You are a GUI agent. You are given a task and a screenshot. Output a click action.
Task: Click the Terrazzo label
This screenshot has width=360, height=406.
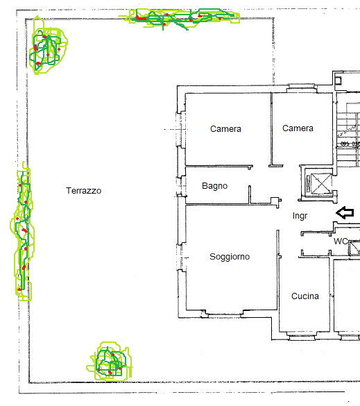(x=84, y=190)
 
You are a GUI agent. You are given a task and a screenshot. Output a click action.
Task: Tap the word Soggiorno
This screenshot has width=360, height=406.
(x=230, y=257)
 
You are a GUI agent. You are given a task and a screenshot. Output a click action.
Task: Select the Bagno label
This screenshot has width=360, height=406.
(x=214, y=186)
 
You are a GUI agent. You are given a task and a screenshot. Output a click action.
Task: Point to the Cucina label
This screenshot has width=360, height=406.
(x=305, y=296)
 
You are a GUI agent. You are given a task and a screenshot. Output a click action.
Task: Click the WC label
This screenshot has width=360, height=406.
(x=341, y=242)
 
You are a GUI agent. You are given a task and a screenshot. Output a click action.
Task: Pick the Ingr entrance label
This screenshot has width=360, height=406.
(x=300, y=217)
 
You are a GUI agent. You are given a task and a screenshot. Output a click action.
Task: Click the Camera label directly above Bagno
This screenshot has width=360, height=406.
(x=225, y=129)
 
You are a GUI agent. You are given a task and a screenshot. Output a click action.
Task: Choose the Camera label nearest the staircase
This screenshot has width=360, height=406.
(x=298, y=128)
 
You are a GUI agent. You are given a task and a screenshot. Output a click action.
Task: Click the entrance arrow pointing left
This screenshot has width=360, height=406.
(x=345, y=212)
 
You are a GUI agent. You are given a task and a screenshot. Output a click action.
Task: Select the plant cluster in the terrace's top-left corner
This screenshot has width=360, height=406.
(x=47, y=49)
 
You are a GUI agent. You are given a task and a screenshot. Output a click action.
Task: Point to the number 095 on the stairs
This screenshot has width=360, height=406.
(x=345, y=144)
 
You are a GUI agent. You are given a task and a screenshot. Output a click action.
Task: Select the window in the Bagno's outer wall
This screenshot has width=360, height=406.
(x=182, y=186)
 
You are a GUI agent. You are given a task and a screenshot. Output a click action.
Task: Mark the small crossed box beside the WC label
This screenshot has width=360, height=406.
(x=355, y=246)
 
